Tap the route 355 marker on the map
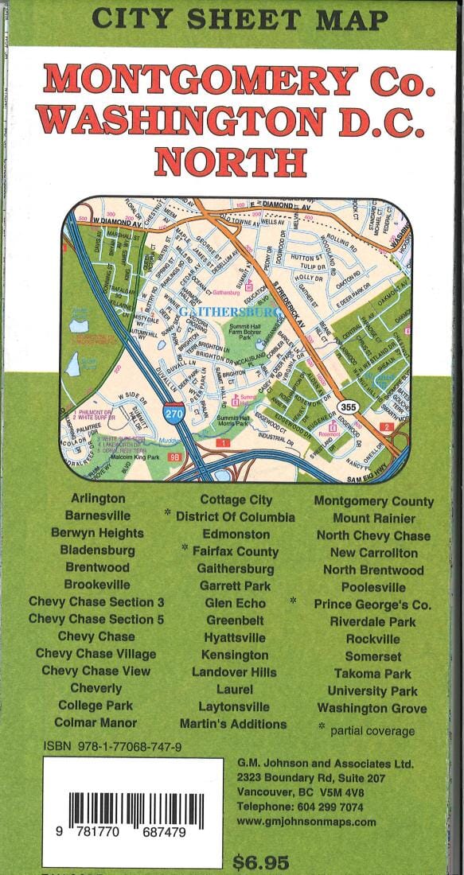(x=353, y=406)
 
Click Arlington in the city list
(x=97, y=499)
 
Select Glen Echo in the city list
(x=236, y=603)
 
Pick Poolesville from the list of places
(x=373, y=588)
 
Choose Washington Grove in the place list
(x=372, y=708)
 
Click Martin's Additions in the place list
(x=233, y=724)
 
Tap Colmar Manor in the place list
(x=96, y=723)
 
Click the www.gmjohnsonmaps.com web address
(x=306, y=822)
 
